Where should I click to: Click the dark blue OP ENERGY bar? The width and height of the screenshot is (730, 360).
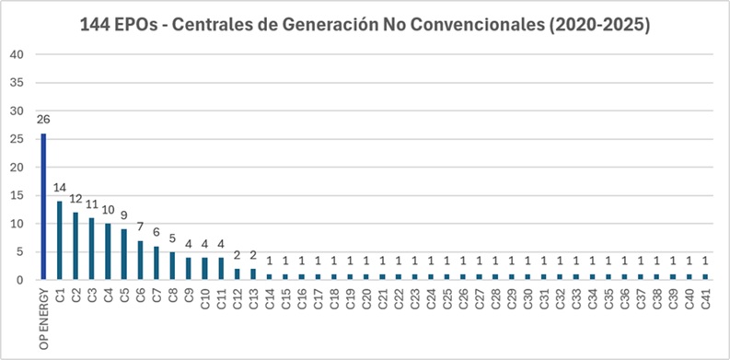(x=43, y=207)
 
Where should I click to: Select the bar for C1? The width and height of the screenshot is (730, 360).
(x=59, y=240)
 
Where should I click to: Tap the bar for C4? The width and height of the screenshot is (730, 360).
(x=108, y=251)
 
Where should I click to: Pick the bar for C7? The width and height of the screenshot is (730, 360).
(x=156, y=263)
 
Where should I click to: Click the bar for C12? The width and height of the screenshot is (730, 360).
(x=237, y=274)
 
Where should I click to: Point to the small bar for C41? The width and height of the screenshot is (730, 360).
(x=705, y=277)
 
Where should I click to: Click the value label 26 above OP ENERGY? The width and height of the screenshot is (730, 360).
(x=43, y=120)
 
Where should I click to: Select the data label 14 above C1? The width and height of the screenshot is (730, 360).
(x=59, y=188)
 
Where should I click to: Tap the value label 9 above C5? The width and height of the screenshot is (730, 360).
(x=124, y=215)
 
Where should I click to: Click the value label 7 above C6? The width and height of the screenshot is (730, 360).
(x=140, y=226)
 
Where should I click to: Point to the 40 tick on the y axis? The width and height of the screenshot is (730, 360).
(x=17, y=54)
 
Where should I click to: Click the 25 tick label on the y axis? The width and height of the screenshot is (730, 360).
(x=17, y=139)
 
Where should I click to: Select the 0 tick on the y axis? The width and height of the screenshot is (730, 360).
(x=19, y=280)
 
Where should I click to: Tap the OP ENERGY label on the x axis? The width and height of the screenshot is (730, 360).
(x=44, y=318)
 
